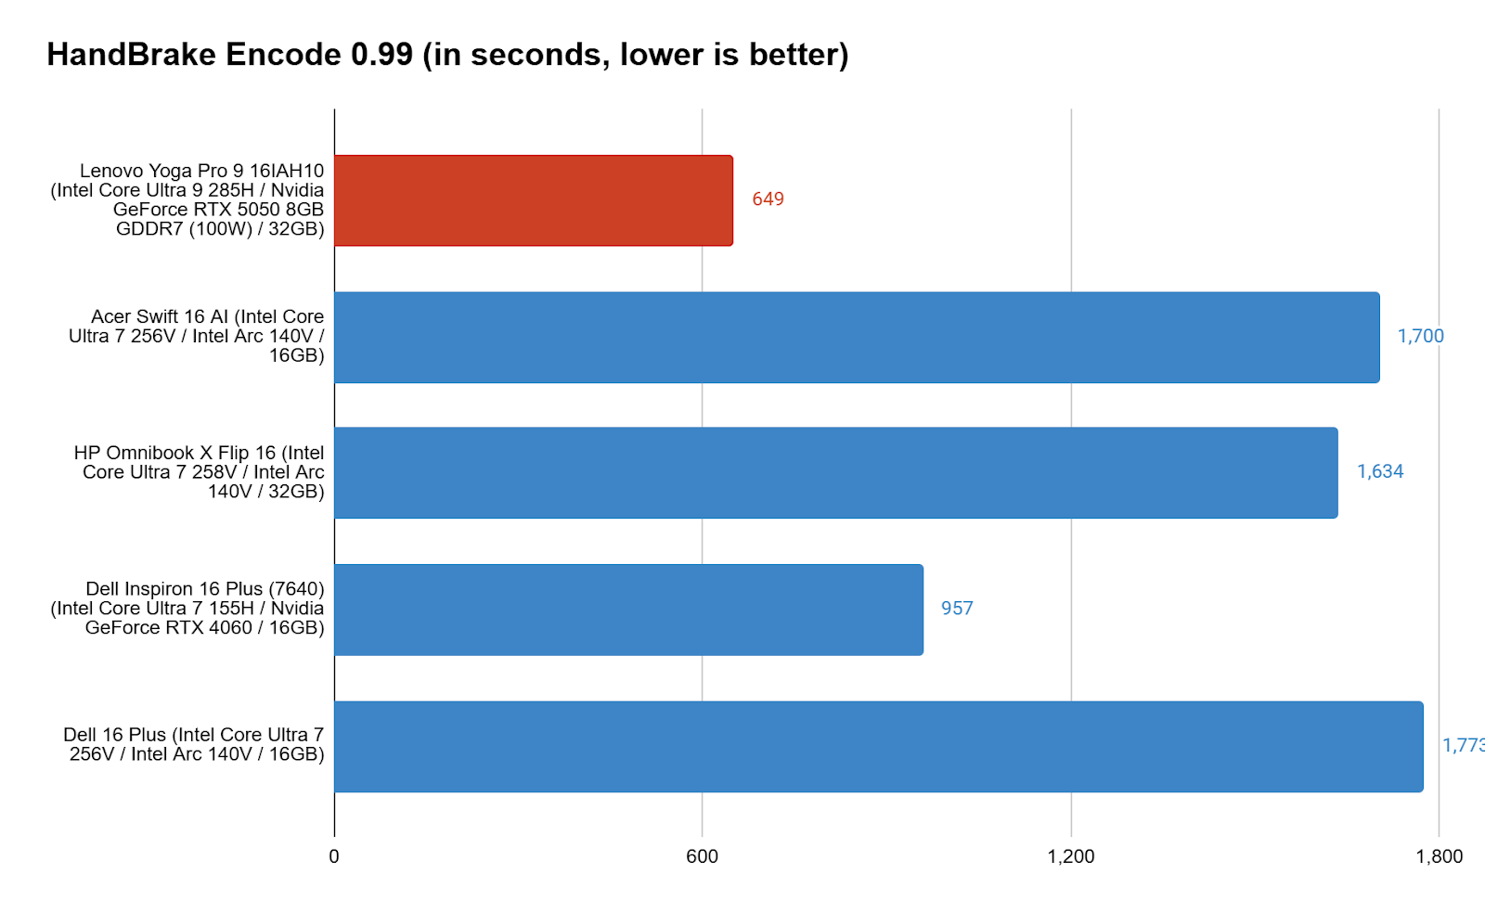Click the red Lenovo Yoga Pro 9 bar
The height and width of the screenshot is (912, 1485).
pyautogui.click(x=534, y=200)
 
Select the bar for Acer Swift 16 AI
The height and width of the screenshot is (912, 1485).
pyautogui.click(x=857, y=337)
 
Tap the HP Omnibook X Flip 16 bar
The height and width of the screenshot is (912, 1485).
pyautogui.click(x=835, y=472)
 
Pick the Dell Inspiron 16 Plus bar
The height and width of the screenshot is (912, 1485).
pyautogui.click(x=628, y=610)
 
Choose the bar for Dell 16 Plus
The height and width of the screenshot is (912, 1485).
pyautogui.click(x=878, y=746)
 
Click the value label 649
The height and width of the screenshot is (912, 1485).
pyautogui.click(x=768, y=199)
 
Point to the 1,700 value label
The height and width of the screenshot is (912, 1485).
pyautogui.click(x=1420, y=336)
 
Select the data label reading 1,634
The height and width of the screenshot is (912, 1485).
pyautogui.click(x=1380, y=471)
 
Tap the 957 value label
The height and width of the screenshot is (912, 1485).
pyautogui.click(x=957, y=609)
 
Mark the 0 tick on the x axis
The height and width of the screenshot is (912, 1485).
pyautogui.click(x=334, y=856)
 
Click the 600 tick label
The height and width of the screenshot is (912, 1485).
pyautogui.click(x=702, y=856)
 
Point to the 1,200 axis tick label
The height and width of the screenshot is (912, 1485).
pyautogui.click(x=1071, y=856)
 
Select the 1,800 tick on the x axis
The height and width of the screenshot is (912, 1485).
pyautogui.click(x=1439, y=856)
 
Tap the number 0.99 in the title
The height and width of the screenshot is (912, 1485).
pyautogui.click(x=381, y=55)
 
